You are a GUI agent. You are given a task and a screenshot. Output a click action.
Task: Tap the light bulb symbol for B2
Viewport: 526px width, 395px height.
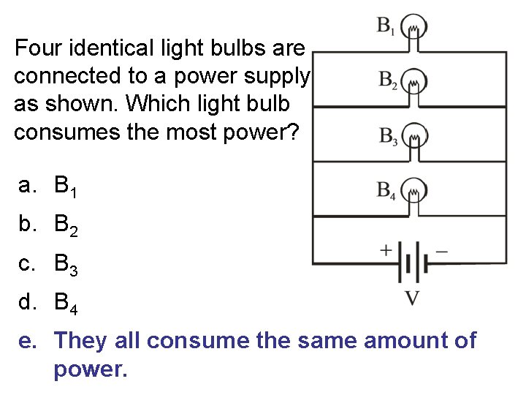coord(415,82)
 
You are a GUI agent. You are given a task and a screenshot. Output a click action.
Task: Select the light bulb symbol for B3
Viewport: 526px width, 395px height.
coord(415,137)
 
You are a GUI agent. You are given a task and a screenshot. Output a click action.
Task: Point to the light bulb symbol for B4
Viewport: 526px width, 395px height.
coord(415,192)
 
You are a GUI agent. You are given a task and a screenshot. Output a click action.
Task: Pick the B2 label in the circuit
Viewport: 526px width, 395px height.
coord(388,81)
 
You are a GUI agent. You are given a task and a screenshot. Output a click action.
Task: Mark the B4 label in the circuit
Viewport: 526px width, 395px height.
coord(386,192)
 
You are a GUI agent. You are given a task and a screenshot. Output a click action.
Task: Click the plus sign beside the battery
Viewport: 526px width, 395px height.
coord(385,250)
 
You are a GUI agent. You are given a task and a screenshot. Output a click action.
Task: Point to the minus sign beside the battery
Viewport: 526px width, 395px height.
coord(441,249)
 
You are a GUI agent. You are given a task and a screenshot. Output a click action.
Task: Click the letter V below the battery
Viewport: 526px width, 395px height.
coord(413,298)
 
